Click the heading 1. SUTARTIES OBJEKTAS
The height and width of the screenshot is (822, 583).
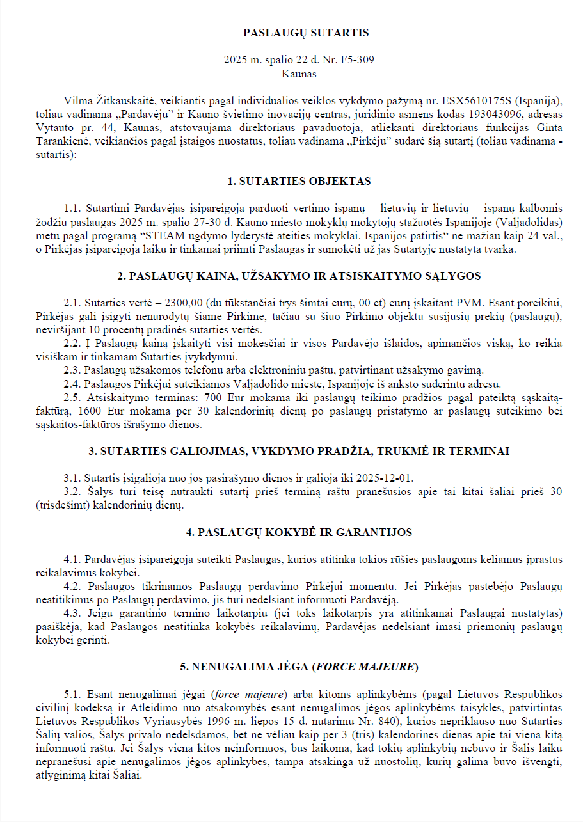(299, 182)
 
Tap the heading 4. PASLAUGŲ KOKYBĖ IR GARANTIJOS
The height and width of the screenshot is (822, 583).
(299, 532)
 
